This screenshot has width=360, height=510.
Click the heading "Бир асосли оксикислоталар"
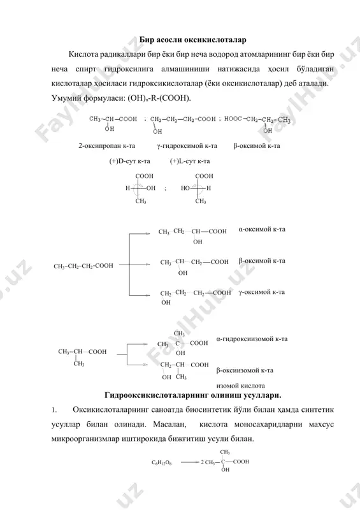(x=193, y=40)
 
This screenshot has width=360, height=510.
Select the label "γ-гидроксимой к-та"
(x=187, y=146)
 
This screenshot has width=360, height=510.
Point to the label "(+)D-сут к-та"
(x=129, y=161)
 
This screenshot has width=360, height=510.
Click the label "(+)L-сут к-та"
(x=190, y=161)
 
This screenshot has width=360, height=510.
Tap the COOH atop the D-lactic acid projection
(x=144, y=176)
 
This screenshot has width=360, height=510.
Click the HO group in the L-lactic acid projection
(x=185, y=188)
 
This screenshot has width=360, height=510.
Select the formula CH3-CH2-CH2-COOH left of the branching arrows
(x=83, y=266)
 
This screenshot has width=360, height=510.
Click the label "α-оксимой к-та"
(x=262, y=229)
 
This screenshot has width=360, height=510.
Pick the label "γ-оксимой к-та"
(x=261, y=292)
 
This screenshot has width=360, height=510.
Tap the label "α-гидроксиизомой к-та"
(x=252, y=339)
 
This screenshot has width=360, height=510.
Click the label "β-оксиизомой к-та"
(x=245, y=370)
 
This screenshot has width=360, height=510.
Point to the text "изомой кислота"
(x=240, y=386)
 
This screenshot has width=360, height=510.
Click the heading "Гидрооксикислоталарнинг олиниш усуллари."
(x=193, y=395)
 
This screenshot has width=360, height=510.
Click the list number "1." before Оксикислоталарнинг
(x=54, y=410)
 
